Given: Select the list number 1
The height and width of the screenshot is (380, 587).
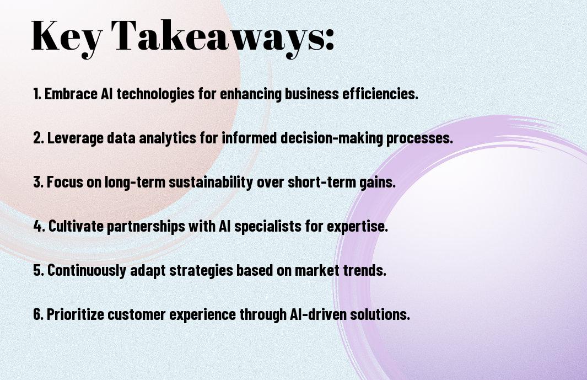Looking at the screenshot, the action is [37, 94].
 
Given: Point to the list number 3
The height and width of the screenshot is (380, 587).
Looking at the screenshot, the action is [38, 182].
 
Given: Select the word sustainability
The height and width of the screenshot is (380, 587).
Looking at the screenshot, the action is [211, 182].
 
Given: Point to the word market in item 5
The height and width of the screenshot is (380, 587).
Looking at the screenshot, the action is [317, 270].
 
